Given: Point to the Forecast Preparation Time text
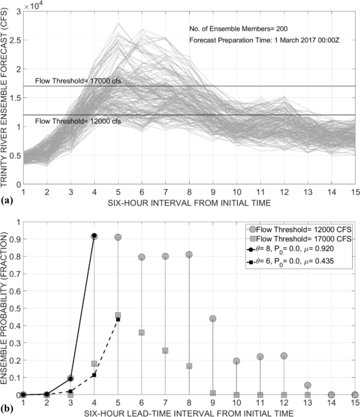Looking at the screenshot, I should (264, 40).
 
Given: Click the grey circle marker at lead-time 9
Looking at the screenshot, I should (213, 318).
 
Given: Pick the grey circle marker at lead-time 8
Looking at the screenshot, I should (189, 255).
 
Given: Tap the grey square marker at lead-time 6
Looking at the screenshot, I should (141, 332).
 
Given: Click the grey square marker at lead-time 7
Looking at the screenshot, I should (165, 350).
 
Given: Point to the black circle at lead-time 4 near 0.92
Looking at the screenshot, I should (94, 236).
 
